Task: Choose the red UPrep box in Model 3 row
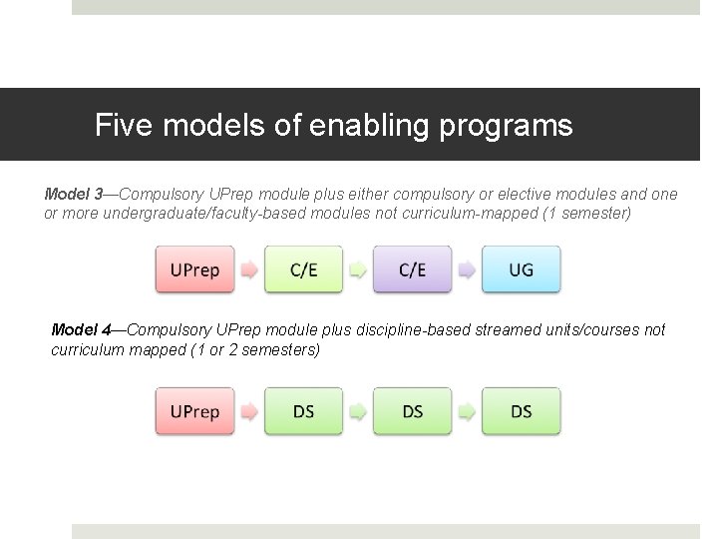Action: (194, 269)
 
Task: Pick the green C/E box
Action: (303, 269)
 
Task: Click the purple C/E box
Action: (412, 269)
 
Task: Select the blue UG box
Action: (521, 269)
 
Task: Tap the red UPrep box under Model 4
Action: (194, 411)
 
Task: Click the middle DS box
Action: (412, 411)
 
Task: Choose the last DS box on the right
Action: (521, 411)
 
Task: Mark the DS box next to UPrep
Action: (303, 411)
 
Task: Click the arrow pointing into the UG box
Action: (466, 270)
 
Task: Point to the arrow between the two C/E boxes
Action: (357, 270)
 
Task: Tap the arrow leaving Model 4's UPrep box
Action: (248, 412)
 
